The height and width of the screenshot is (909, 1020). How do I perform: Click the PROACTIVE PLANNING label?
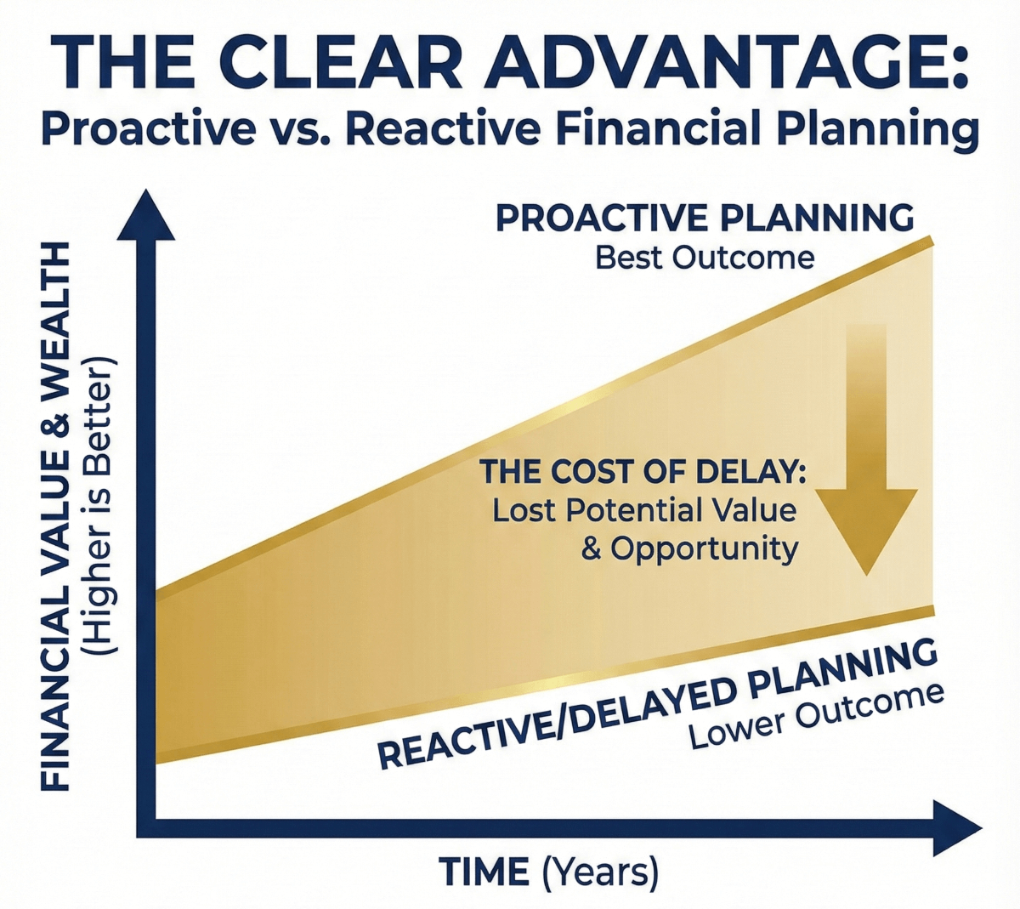tap(705, 219)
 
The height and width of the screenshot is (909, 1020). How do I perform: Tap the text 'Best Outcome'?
tap(705, 257)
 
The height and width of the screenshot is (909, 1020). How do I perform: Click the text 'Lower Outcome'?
tap(816, 715)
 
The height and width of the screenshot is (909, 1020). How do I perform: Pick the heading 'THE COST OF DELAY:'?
tap(643, 472)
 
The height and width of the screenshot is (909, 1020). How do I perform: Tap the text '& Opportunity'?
tap(689, 548)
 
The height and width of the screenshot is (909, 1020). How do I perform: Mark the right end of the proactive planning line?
tap(932, 241)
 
